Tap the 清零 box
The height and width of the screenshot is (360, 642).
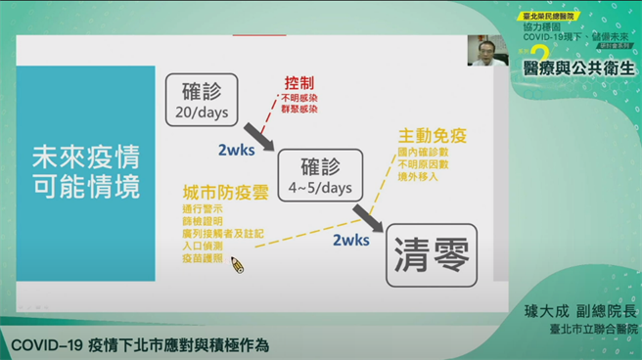(x=431, y=257)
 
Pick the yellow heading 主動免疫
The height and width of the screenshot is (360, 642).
(x=431, y=135)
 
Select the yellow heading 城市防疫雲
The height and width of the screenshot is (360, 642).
(x=218, y=192)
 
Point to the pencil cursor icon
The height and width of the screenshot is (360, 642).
(x=237, y=264)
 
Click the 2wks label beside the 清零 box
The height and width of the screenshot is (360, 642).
(x=351, y=241)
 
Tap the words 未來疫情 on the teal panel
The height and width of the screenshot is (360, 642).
(x=86, y=156)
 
